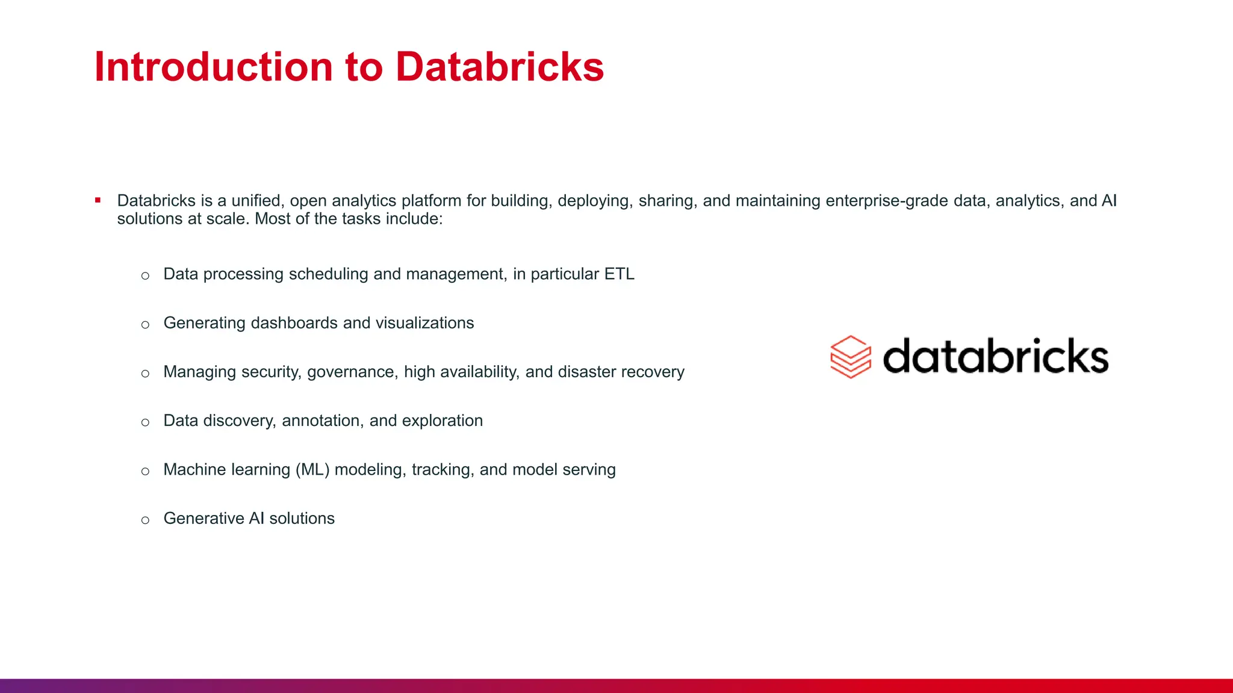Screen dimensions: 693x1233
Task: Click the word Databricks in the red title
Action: [499, 67]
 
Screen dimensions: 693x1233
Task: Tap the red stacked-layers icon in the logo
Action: [850, 357]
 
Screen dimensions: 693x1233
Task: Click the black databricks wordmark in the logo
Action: [995, 357]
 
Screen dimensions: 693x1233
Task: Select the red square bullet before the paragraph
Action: [98, 200]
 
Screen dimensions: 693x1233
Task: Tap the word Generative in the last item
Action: [203, 519]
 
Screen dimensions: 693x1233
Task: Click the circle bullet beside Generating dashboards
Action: [145, 325]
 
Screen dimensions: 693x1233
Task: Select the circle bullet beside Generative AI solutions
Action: [145, 520]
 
